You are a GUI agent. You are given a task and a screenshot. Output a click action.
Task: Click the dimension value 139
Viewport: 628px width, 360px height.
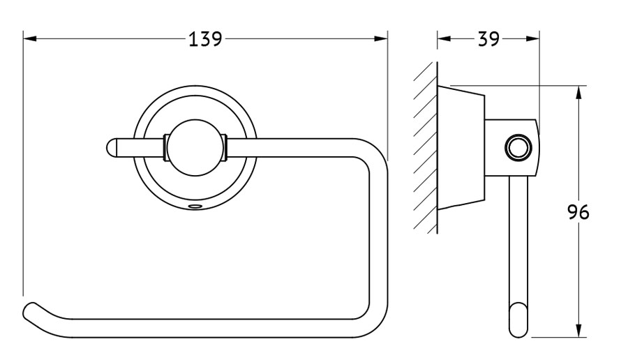pos(205,39)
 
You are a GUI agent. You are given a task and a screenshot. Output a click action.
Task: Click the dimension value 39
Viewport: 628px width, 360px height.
pos(488,39)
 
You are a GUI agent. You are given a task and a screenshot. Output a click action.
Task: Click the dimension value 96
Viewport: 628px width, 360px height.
pos(578,212)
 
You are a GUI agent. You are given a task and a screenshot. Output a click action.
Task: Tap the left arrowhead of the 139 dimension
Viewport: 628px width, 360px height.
pos(30,39)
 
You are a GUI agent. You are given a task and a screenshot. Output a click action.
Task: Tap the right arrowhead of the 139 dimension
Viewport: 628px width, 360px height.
pos(381,39)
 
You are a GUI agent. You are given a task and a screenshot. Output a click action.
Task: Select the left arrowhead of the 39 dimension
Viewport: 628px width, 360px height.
pos(444,39)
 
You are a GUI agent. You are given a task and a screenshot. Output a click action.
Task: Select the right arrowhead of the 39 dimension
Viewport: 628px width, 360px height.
pos(532,39)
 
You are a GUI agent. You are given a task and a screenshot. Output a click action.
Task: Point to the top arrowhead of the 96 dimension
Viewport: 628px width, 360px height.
pos(578,93)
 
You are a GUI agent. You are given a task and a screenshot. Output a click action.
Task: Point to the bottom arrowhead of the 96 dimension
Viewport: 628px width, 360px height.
pos(578,331)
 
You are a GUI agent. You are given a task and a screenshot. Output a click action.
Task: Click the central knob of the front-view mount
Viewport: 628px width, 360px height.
pos(195,148)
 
